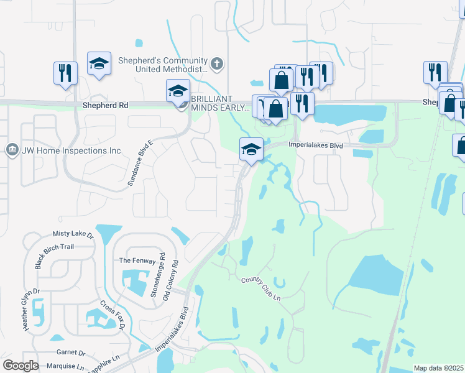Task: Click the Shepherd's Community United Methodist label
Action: [x=171, y=65]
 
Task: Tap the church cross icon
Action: [x=216, y=63]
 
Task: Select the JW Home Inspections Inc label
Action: [x=72, y=150]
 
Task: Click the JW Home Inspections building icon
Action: [x=11, y=150]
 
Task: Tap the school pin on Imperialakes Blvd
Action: [x=251, y=149]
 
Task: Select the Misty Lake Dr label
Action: [x=73, y=235]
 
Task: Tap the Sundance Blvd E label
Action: [x=142, y=165]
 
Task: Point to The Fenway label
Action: [x=134, y=260]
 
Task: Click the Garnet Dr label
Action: [x=66, y=352]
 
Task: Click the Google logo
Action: [x=21, y=365]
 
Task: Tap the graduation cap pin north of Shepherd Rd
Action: [x=99, y=63]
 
